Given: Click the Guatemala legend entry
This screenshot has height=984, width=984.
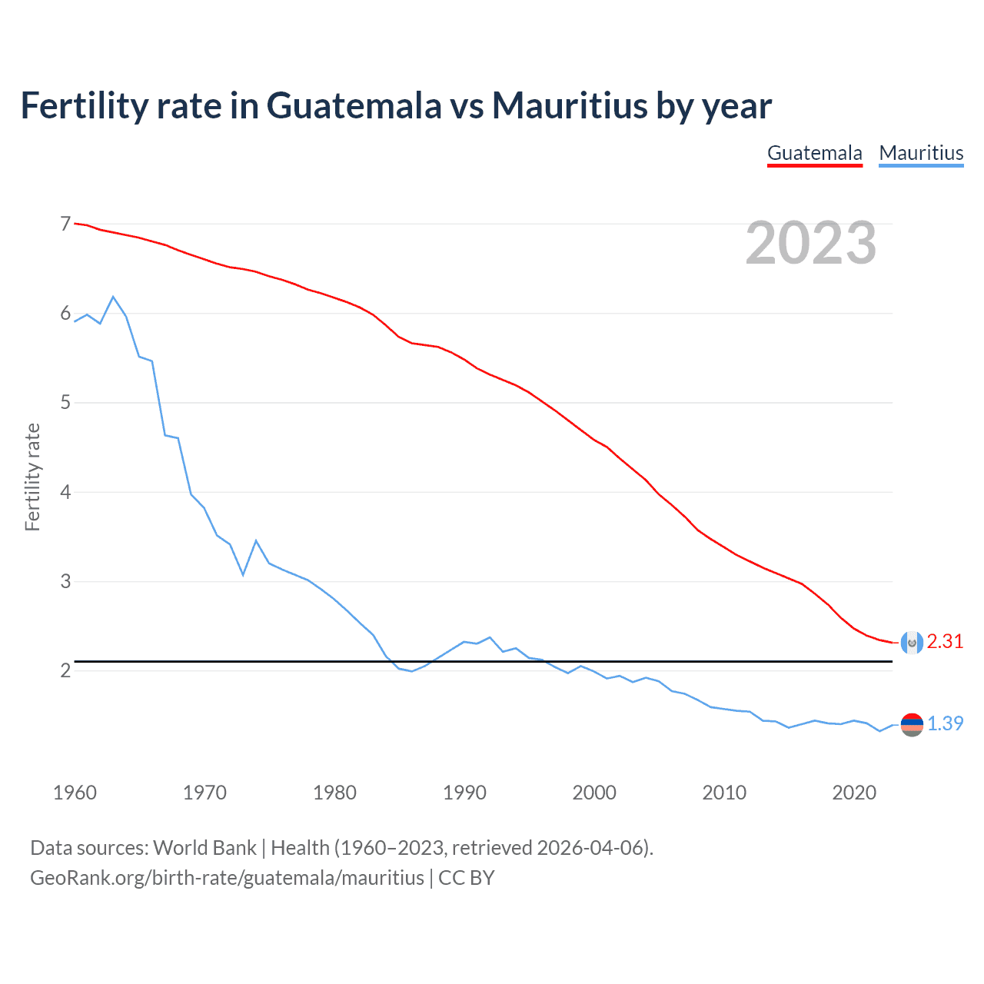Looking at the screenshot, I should click(814, 153).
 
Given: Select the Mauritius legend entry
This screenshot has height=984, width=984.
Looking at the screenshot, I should click(921, 153).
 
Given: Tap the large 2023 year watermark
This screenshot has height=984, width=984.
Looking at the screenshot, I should click(811, 243).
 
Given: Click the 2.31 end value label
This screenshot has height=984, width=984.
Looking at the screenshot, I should click(945, 642).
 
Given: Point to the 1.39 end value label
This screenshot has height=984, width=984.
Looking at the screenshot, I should click(945, 724).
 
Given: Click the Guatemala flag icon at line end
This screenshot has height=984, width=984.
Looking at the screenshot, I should click(912, 643).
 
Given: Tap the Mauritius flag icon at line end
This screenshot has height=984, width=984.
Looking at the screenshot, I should click(912, 724).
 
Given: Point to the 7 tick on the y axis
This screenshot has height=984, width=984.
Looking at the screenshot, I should click(65, 224).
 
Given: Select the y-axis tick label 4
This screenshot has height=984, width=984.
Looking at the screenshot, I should click(65, 492).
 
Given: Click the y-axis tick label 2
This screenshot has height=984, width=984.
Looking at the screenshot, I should click(65, 671).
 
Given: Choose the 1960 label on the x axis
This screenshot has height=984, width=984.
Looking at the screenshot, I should click(75, 793).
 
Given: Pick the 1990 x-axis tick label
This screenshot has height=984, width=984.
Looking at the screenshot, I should click(464, 793).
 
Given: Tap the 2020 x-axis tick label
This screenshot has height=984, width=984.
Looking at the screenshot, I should click(854, 793).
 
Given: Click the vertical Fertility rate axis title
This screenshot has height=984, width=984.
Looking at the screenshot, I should click(32, 477).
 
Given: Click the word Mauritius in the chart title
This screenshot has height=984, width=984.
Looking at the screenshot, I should click(570, 105).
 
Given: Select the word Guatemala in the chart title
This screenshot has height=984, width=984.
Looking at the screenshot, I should click(354, 105).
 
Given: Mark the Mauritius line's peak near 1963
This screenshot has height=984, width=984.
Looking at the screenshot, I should click(113, 297).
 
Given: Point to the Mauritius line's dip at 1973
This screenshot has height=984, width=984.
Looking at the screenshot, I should click(243, 574).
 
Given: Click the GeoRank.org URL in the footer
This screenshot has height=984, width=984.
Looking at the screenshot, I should click(227, 878).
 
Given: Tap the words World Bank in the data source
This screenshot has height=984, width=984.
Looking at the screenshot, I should click(204, 848).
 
